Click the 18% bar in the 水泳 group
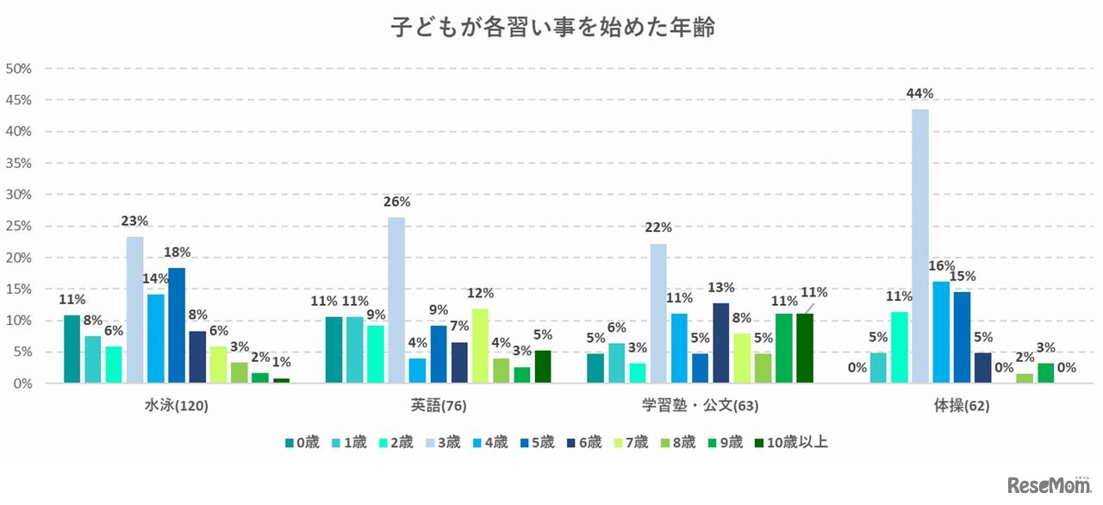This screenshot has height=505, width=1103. pos(177,325)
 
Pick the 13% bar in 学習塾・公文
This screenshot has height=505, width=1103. pos(720,342)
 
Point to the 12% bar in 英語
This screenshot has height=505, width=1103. pos(480,346)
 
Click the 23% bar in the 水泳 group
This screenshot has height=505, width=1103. pos(134,309)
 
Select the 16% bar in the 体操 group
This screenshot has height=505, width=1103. pos(940,332)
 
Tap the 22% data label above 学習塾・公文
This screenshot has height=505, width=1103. pos(657,228)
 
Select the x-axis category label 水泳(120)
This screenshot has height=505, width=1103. pos(176,405)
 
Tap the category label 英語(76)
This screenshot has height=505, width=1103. pos(438,405)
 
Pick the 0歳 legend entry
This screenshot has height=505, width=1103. pos(303,443)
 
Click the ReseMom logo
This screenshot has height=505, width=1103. pos(1048,485)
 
